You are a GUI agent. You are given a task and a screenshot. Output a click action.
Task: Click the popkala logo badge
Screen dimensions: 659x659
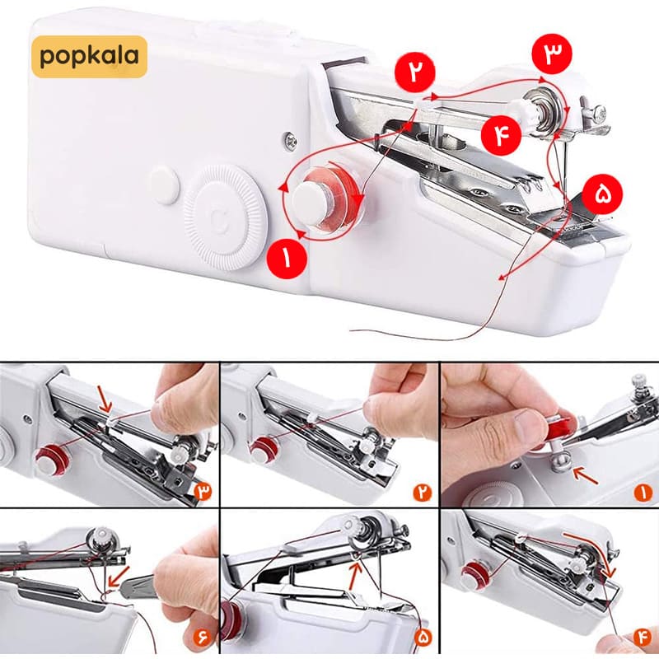click(89, 57)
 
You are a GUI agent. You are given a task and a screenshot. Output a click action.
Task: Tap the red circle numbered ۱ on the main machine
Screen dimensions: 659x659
click(287, 259)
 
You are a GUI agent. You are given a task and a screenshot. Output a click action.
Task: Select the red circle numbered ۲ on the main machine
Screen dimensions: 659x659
click(414, 72)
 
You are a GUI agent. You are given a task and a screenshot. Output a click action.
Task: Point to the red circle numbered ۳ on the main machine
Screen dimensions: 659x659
click(551, 54)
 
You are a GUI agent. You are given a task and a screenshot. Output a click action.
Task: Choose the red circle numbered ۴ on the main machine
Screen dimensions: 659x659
click(502, 135)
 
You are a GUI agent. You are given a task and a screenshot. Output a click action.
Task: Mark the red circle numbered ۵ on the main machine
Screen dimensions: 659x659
click(602, 195)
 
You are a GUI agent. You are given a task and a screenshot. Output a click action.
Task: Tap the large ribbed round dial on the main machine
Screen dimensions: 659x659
click(225, 217)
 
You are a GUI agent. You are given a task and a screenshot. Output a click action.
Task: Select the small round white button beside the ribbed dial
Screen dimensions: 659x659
click(165, 185)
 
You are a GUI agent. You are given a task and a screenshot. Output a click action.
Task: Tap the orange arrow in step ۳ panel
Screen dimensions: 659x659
click(105, 400)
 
